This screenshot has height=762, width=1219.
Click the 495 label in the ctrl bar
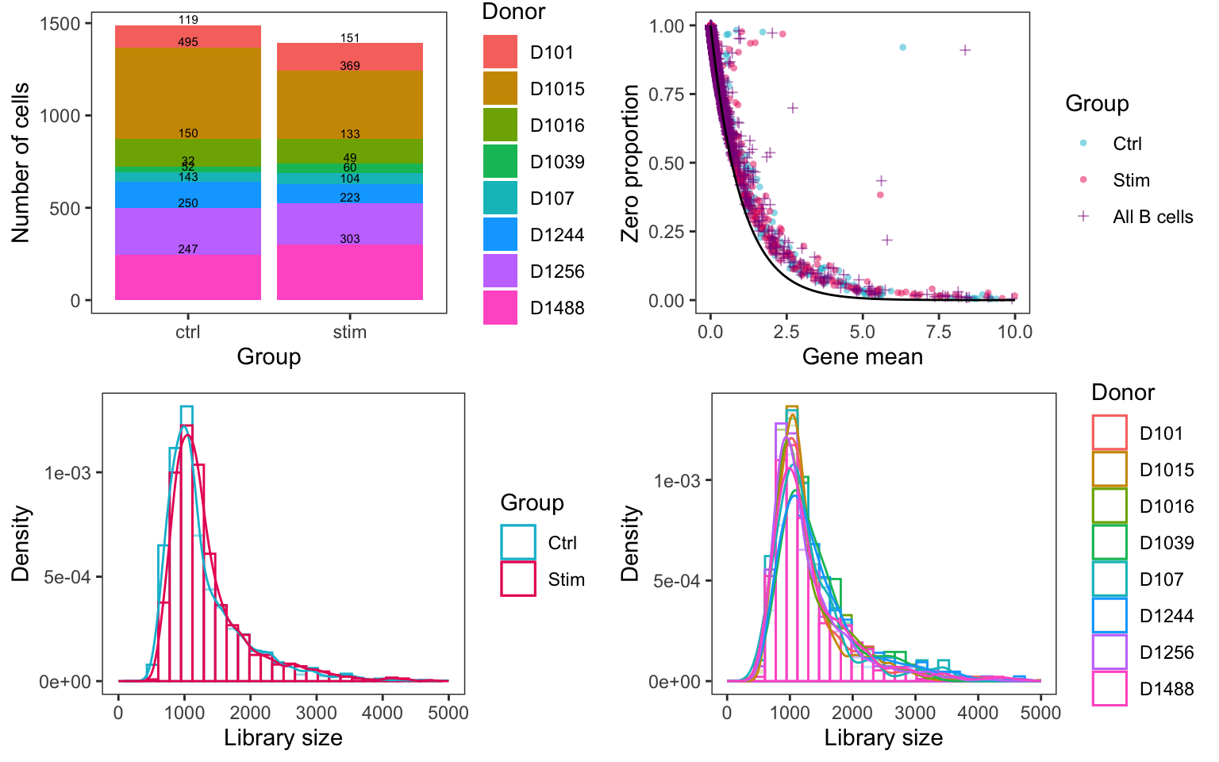(x=188, y=42)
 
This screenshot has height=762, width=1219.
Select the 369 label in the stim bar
(x=350, y=66)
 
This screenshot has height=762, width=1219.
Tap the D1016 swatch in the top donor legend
(x=500, y=125)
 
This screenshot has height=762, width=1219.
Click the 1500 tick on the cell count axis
(x=60, y=24)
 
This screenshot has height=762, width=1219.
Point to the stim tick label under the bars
(x=350, y=332)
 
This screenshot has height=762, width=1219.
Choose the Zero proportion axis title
(x=630, y=163)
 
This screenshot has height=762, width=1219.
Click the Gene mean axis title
(x=862, y=356)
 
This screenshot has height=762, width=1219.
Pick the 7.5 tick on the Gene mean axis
(x=938, y=332)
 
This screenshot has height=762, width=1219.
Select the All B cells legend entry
(x=1152, y=217)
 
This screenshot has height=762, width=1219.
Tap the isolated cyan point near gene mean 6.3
(x=902, y=48)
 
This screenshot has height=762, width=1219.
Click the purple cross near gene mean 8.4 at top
(x=965, y=50)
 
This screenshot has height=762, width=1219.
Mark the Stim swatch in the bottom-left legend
(x=518, y=579)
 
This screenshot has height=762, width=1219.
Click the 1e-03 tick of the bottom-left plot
(x=67, y=473)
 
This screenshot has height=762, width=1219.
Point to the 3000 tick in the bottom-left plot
(x=317, y=713)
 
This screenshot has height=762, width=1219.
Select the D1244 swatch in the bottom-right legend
(x=1109, y=616)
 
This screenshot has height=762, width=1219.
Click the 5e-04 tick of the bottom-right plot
(x=676, y=581)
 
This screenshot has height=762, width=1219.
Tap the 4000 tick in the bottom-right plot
(x=978, y=713)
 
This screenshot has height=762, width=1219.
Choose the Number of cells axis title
(x=21, y=163)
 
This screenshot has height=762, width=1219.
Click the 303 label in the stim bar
(x=350, y=239)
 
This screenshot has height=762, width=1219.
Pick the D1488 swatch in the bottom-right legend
(x=1109, y=689)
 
